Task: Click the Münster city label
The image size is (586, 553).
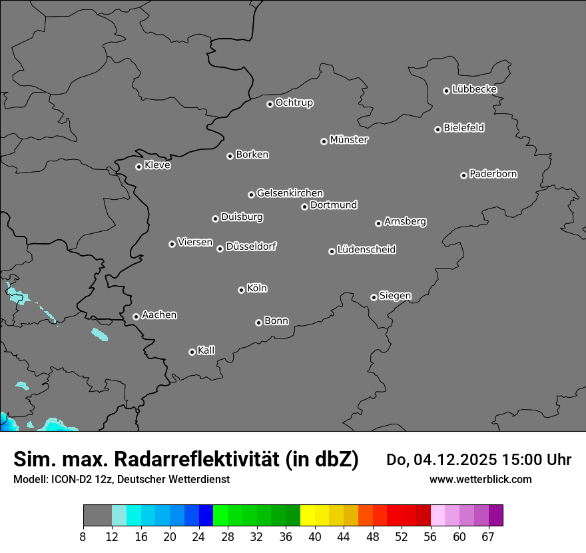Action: pos(349,140)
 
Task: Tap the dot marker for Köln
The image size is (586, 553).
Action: pos(241,290)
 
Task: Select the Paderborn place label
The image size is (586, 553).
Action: pos(493,174)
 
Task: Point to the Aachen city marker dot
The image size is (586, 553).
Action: pos(136,316)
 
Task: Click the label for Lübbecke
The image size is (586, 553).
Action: pos(474,89)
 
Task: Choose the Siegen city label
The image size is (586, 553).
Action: pos(395,296)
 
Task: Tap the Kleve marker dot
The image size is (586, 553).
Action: pos(139,167)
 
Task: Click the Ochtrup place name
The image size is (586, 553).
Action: pos(294,103)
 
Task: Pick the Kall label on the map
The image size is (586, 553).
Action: pos(206,350)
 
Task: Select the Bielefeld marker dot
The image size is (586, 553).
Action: pos(438,129)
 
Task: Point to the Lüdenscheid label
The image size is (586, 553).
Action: pos(366,250)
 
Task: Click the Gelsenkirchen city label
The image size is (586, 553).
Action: pos(290,193)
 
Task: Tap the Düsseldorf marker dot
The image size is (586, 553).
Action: pos(220,249)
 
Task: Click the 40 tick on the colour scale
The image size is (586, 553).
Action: pos(315,537)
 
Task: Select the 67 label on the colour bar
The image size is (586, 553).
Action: pos(489,537)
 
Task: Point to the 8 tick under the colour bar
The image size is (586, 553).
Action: pos(83,537)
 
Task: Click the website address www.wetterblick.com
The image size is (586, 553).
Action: pos(480,479)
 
